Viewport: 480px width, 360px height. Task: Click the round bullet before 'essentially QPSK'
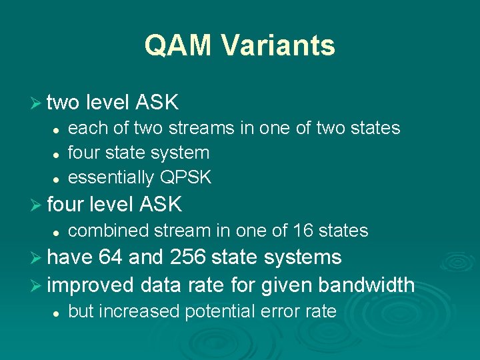tap(57, 179)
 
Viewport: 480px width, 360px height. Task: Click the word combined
tap(109, 231)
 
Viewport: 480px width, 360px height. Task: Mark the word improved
tap(91, 285)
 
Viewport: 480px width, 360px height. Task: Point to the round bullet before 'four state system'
tap(57, 153)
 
